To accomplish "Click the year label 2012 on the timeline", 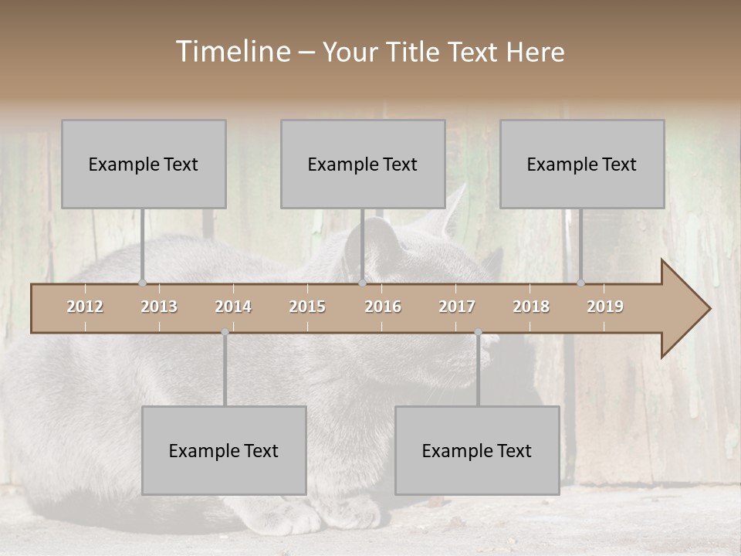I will (x=85, y=307).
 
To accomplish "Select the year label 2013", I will (x=159, y=307).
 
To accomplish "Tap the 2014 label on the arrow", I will (x=233, y=307).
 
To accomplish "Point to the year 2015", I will (x=307, y=307).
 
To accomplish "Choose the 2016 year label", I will (x=383, y=307).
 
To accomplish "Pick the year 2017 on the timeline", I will (x=457, y=307).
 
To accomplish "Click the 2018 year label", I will (x=531, y=307).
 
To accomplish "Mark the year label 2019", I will (x=605, y=307).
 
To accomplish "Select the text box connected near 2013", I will (x=144, y=164).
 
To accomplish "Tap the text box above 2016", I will (x=363, y=164).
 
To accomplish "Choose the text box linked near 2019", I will (x=582, y=164).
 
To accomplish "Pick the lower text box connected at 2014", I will (x=224, y=450).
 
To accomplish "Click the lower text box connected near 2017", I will (x=477, y=450).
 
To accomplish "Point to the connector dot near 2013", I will (x=142, y=283).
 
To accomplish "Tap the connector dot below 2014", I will (x=225, y=332).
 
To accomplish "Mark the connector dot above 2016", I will (x=362, y=283).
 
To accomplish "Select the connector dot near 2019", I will (x=581, y=283).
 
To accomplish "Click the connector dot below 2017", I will (x=478, y=332).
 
